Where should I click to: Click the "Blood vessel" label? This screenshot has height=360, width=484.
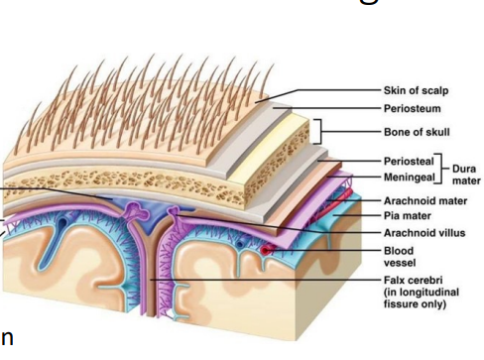pyautogui.click(x=398, y=257)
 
